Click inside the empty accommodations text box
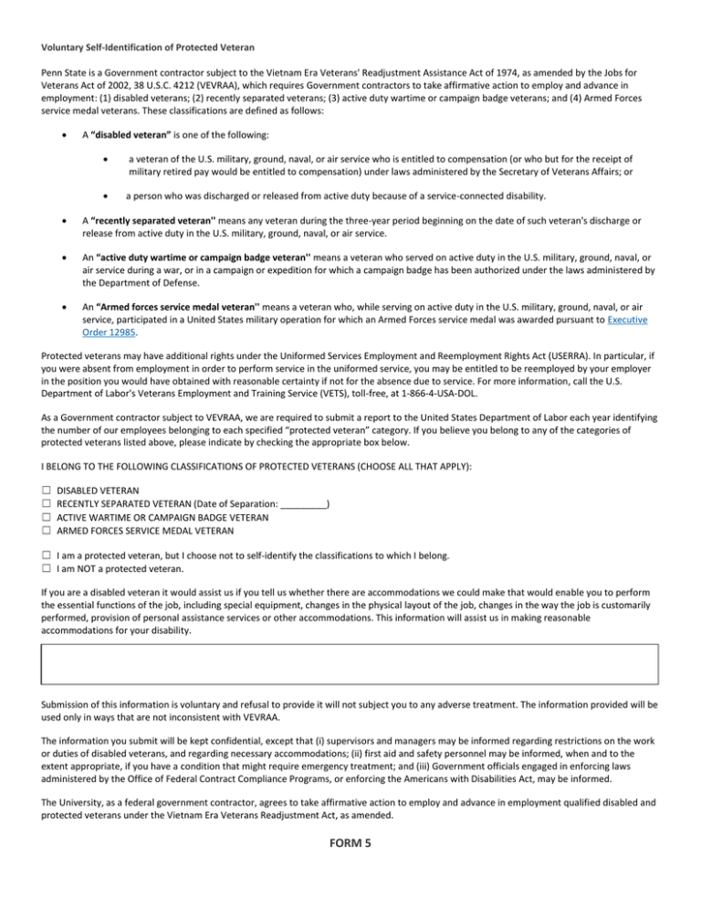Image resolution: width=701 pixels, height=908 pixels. coord(350,664)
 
